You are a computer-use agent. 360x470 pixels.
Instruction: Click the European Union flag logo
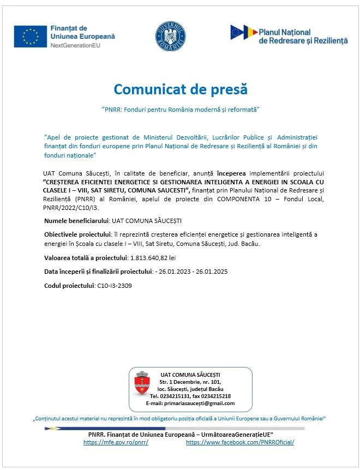[x=31, y=36]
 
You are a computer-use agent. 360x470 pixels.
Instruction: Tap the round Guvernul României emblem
[x=170, y=36]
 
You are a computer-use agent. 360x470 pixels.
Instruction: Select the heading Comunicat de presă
[x=180, y=89]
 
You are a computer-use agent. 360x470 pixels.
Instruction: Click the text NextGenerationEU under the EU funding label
[x=76, y=45]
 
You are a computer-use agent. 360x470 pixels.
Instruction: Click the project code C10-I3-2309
[x=114, y=285]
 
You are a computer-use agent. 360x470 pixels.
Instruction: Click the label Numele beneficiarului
[x=76, y=220]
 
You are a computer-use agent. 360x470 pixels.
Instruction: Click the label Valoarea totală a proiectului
[x=85, y=257]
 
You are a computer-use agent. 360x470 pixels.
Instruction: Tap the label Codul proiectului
[x=69, y=285]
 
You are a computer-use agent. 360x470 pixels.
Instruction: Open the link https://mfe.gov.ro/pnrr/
[x=116, y=442]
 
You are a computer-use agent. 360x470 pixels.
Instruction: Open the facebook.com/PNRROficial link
[x=239, y=442]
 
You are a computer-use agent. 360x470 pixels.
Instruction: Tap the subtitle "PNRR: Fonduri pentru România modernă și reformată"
[x=180, y=110]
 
